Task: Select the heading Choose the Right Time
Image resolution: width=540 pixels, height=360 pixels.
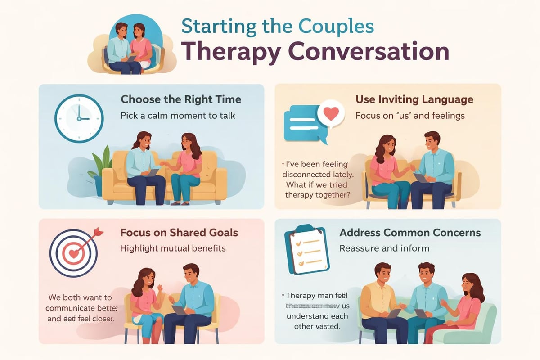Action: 181,99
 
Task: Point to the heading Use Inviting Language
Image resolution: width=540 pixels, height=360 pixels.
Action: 414,99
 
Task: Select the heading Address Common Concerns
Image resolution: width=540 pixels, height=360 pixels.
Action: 410,233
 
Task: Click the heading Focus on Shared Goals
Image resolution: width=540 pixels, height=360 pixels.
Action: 179,233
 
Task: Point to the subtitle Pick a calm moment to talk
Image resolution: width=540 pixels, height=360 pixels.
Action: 178,116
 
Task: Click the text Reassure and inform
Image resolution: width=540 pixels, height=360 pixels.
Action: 384,248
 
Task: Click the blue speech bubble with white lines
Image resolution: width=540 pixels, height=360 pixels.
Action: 302,122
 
